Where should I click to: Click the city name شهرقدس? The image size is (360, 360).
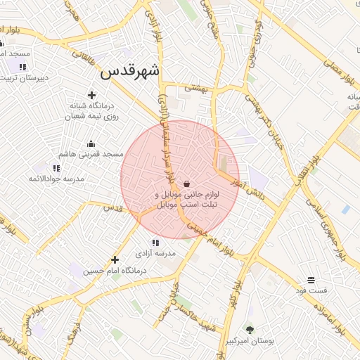click(x=130, y=71)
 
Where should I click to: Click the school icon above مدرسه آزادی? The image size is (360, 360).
click(x=155, y=243)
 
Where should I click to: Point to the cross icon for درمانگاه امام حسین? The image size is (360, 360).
click(x=115, y=259)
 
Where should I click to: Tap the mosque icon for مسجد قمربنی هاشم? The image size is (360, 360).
click(x=91, y=143)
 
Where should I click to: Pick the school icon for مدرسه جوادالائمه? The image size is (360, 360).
click(x=56, y=168)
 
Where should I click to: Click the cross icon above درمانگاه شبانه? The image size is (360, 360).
click(x=91, y=95)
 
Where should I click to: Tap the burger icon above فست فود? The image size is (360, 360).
click(x=311, y=280)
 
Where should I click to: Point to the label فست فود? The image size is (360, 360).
click(x=311, y=290)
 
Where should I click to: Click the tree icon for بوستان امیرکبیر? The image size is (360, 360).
click(x=248, y=328)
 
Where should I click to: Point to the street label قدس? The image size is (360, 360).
click(x=112, y=207)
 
